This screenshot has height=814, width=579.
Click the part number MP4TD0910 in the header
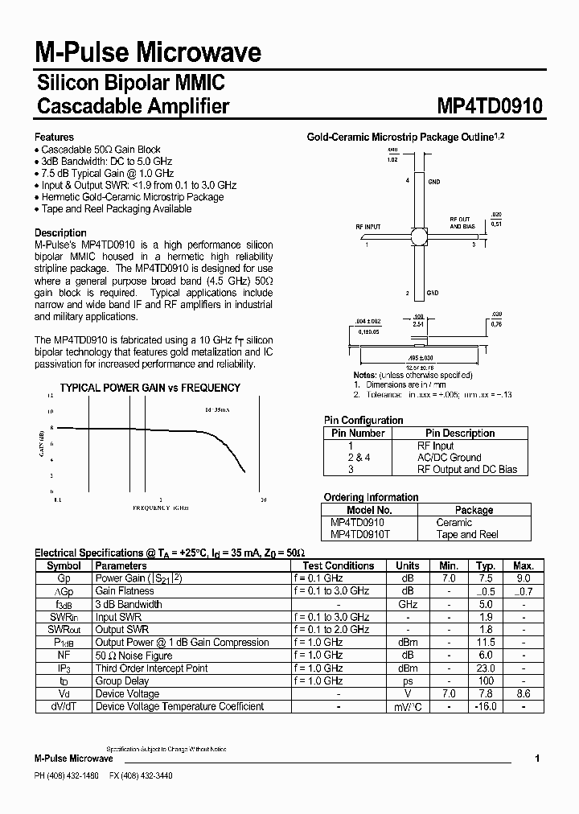[x=490, y=106]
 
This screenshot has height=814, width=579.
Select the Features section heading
[x=54, y=137]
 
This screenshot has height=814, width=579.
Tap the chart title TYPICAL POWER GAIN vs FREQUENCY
[x=150, y=388]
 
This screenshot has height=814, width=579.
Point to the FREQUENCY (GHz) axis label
[x=161, y=508]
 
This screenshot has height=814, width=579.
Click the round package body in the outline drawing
[x=419, y=236]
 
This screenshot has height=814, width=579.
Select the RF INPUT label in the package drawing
[x=368, y=228]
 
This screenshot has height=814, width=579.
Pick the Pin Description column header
[x=460, y=433]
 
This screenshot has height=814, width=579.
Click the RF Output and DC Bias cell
[x=466, y=469]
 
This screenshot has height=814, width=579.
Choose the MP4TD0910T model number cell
[x=359, y=534]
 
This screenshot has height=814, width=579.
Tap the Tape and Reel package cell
[x=467, y=534]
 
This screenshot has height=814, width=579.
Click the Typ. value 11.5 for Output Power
[x=486, y=643]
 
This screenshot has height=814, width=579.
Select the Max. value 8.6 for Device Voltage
[x=524, y=693]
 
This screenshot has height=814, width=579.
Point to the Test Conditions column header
[x=338, y=565]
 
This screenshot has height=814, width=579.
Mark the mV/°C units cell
[x=408, y=706]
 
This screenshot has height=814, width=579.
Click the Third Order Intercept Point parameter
[x=151, y=668]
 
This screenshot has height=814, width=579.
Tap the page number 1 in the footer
[x=537, y=758]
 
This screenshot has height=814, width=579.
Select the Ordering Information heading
[x=371, y=497]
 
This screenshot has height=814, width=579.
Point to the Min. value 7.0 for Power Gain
[x=449, y=578]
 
